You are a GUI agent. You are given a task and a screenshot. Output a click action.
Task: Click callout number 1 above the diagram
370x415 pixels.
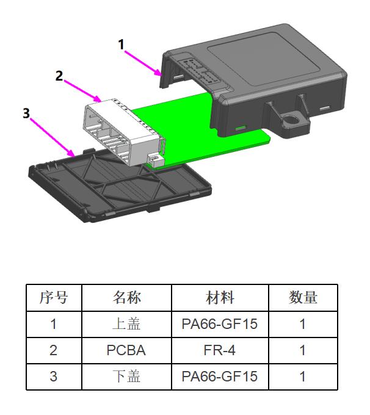tap(121, 45)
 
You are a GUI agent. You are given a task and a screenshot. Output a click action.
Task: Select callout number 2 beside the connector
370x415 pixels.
tap(59, 76)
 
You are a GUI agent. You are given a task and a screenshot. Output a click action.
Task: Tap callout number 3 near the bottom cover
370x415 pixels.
tap(26, 114)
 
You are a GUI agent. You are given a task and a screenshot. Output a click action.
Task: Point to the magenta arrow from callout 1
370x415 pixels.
tap(144, 61)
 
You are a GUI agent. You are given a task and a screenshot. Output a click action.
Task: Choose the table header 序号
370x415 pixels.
tap(54, 298)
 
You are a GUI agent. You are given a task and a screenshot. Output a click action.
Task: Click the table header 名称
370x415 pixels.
tap(126, 298)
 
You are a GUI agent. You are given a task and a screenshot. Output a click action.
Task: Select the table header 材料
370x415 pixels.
tap(220, 298)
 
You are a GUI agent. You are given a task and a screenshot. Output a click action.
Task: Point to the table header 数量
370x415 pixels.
tap(303, 298)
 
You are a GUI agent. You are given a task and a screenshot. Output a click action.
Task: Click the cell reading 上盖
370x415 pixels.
tap(126, 324)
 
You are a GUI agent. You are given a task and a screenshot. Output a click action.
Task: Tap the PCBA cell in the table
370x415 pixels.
tap(126, 350)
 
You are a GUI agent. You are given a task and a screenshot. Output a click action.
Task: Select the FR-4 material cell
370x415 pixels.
tap(220, 350)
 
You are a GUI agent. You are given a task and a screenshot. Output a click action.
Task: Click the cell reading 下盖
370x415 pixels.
tap(126, 377)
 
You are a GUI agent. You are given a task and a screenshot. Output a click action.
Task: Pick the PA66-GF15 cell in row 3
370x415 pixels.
tap(220, 377)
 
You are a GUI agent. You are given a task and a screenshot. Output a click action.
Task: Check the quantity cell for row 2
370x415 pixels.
tap(303, 350)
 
